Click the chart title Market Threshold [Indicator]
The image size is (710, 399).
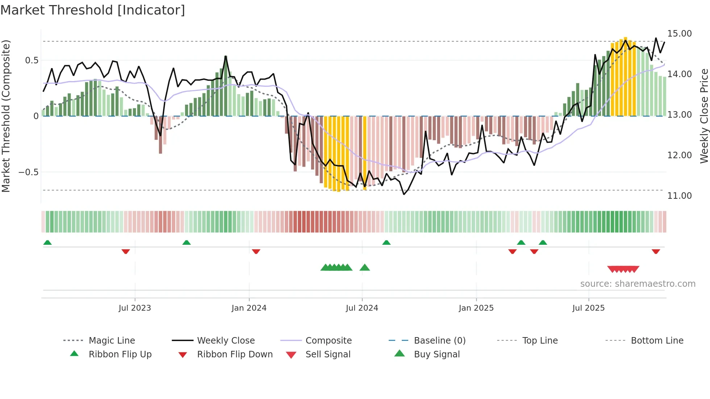[x=93, y=10]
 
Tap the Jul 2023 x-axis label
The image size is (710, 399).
[x=135, y=308]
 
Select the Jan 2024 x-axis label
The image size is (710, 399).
[x=249, y=308]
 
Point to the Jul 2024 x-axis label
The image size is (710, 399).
[x=362, y=308]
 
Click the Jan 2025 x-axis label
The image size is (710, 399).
[x=476, y=308]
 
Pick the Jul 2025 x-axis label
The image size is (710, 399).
[x=588, y=308]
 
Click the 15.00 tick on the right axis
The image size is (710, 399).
[x=680, y=34]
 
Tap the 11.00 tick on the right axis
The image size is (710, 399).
[x=680, y=196]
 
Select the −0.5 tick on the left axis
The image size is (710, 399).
[x=29, y=172]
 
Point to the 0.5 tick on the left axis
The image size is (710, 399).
[x=32, y=60]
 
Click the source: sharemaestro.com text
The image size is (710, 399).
[x=638, y=284]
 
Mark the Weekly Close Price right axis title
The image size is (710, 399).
[x=704, y=116]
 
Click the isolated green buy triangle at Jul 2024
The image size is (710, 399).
[x=365, y=268]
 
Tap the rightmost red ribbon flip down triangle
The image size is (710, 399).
[x=656, y=251]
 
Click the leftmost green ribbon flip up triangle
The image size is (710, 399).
[x=47, y=243]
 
